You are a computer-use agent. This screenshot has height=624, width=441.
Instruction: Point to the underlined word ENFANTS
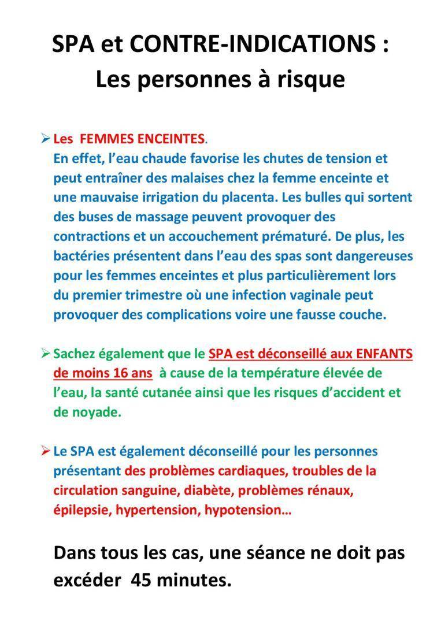coord(383,353)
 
